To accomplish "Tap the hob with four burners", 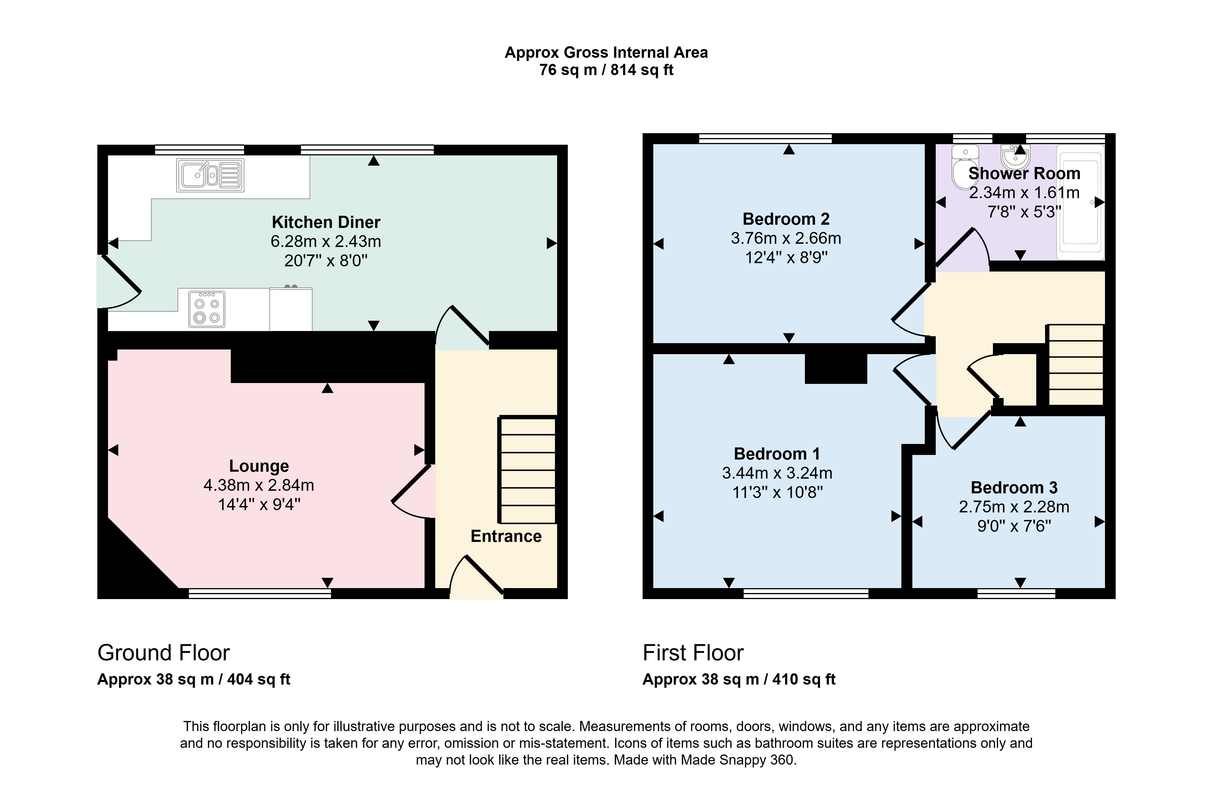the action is (x=207, y=309).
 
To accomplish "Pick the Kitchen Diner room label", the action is (x=326, y=222).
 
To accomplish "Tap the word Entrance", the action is (x=506, y=536).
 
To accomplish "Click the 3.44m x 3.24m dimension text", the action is (x=777, y=473).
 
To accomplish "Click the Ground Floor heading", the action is (x=163, y=653).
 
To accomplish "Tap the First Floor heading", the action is (x=693, y=653).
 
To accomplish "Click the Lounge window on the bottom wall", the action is (x=260, y=593).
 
